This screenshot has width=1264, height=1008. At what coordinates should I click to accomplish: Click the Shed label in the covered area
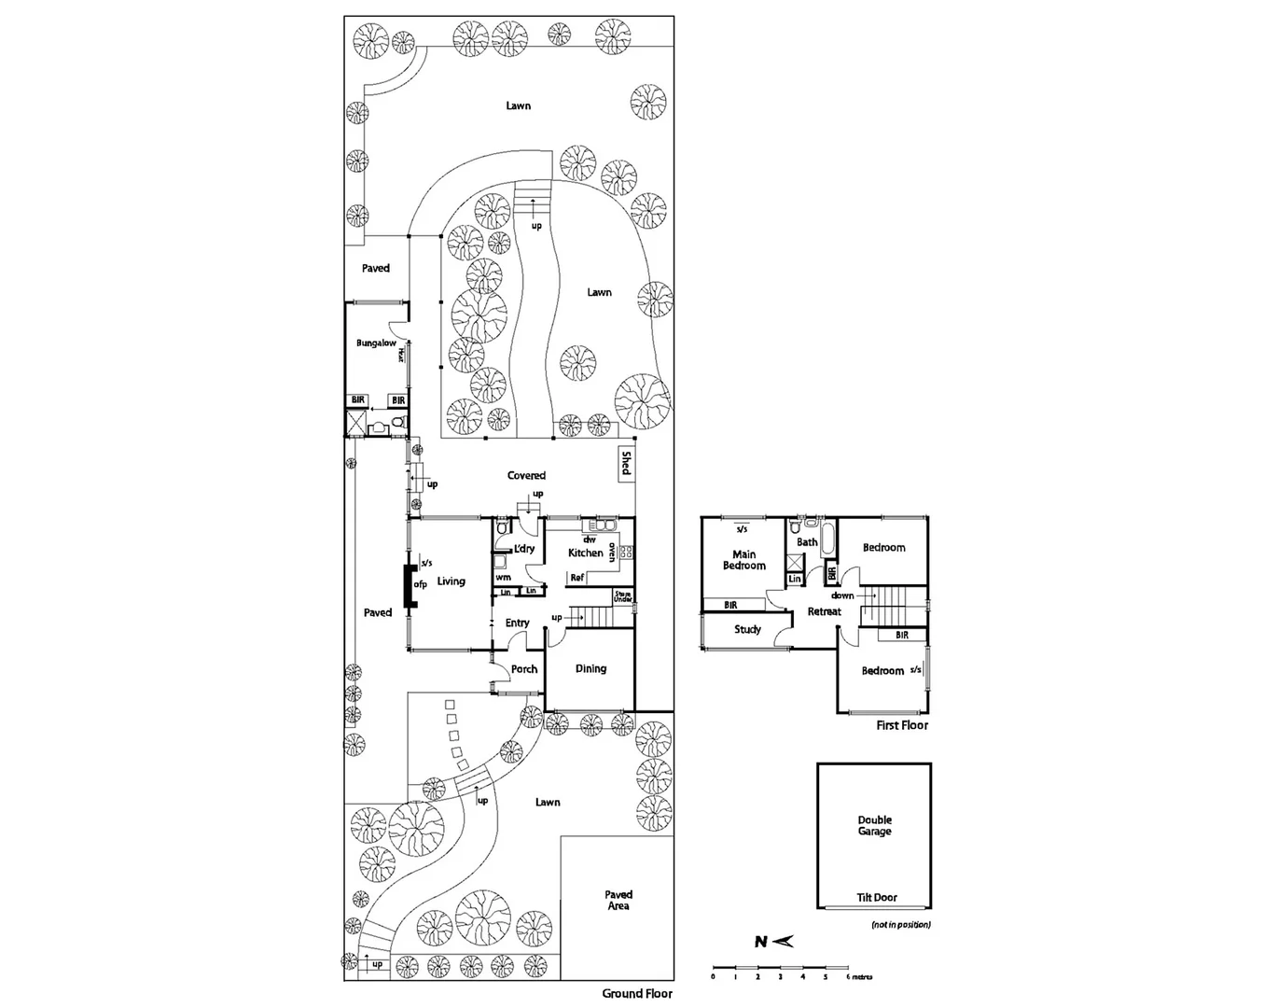click(x=626, y=463)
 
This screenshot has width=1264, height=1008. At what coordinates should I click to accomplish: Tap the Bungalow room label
click(x=376, y=343)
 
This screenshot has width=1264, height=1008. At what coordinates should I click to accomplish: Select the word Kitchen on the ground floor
click(x=586, y=553)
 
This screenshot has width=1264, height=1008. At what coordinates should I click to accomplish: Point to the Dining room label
click(x=590, y=668)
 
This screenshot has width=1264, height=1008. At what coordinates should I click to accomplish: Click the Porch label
click(x=524, y=668)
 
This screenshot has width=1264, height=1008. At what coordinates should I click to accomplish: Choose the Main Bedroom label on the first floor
click(x=743, y=560)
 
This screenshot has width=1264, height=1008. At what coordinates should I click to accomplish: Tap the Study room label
click(x=747, y=629)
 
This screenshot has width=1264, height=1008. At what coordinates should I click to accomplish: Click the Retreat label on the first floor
click(x=824, y=611)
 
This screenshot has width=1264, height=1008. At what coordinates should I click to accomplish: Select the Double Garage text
click(x=875, y=826)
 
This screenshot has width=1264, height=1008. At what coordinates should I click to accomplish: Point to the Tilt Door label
click(x=877, y=897)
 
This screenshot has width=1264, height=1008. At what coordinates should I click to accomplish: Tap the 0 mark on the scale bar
click(x=713, y=977)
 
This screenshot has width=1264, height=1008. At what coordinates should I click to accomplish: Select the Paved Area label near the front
click(x=618, y=900)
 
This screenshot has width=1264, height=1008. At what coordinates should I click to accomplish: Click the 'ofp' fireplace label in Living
click(x=420, y=585)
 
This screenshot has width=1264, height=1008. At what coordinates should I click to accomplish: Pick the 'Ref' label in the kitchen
click(x=576, y=579)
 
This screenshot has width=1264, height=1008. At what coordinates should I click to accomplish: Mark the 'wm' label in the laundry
click(x=504, y=578)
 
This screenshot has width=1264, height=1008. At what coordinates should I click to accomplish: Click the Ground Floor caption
click(x=636, y=993)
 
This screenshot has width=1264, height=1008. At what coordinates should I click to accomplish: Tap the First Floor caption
click(x=902, y=725)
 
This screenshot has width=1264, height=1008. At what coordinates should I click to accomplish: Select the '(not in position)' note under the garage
click(x=901, y=925)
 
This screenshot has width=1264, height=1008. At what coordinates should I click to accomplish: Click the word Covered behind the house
click(x=526, y=475)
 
